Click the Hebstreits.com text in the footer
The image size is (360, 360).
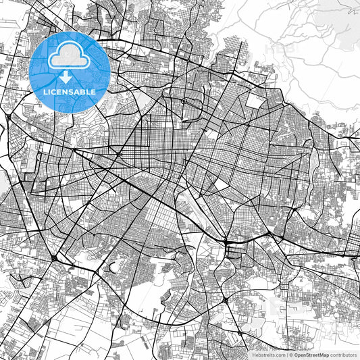pyautogui.click(x=267, y=354)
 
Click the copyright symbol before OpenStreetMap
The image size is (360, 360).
pyautogui.click(x=290, y=354)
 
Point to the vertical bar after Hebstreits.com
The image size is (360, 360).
pyautogui.click(x=286, y=354)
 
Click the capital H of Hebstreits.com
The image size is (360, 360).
pyautogui.click(x=253, y=354)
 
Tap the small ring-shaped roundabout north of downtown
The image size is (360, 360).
pyautogui.click(x=184, y=101)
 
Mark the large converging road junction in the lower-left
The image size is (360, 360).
pyautogui.click(x=53, y=258)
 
